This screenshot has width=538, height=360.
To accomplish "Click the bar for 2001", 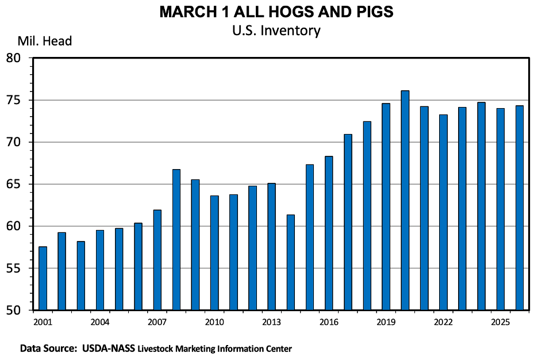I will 43,278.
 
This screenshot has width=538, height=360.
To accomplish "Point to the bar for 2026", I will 520,208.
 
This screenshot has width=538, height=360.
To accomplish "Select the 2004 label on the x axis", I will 100,321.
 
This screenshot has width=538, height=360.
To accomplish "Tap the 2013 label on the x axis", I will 272,321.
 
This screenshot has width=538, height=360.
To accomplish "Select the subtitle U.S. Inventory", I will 276,30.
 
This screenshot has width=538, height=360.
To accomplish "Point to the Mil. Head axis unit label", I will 44,41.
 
